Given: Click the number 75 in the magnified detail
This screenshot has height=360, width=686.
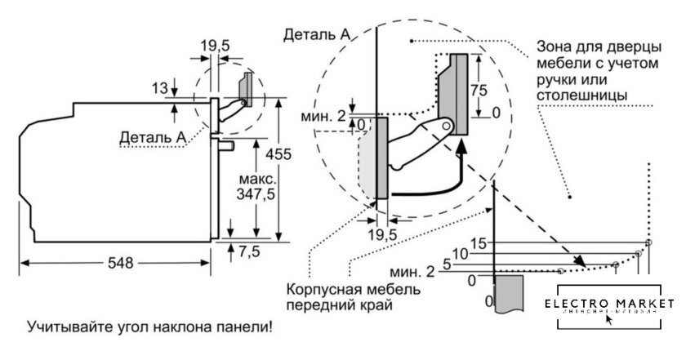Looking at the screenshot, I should coord(481,90).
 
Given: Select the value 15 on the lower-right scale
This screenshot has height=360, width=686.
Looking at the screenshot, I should coord(480,243).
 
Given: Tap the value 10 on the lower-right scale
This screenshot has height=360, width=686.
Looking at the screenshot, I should coord(461,254).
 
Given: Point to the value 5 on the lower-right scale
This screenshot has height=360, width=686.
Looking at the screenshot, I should coord(447,264).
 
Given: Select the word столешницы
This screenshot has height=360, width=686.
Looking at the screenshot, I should coord(582,96).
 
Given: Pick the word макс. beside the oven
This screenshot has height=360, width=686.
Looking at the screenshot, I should coord(257,177).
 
